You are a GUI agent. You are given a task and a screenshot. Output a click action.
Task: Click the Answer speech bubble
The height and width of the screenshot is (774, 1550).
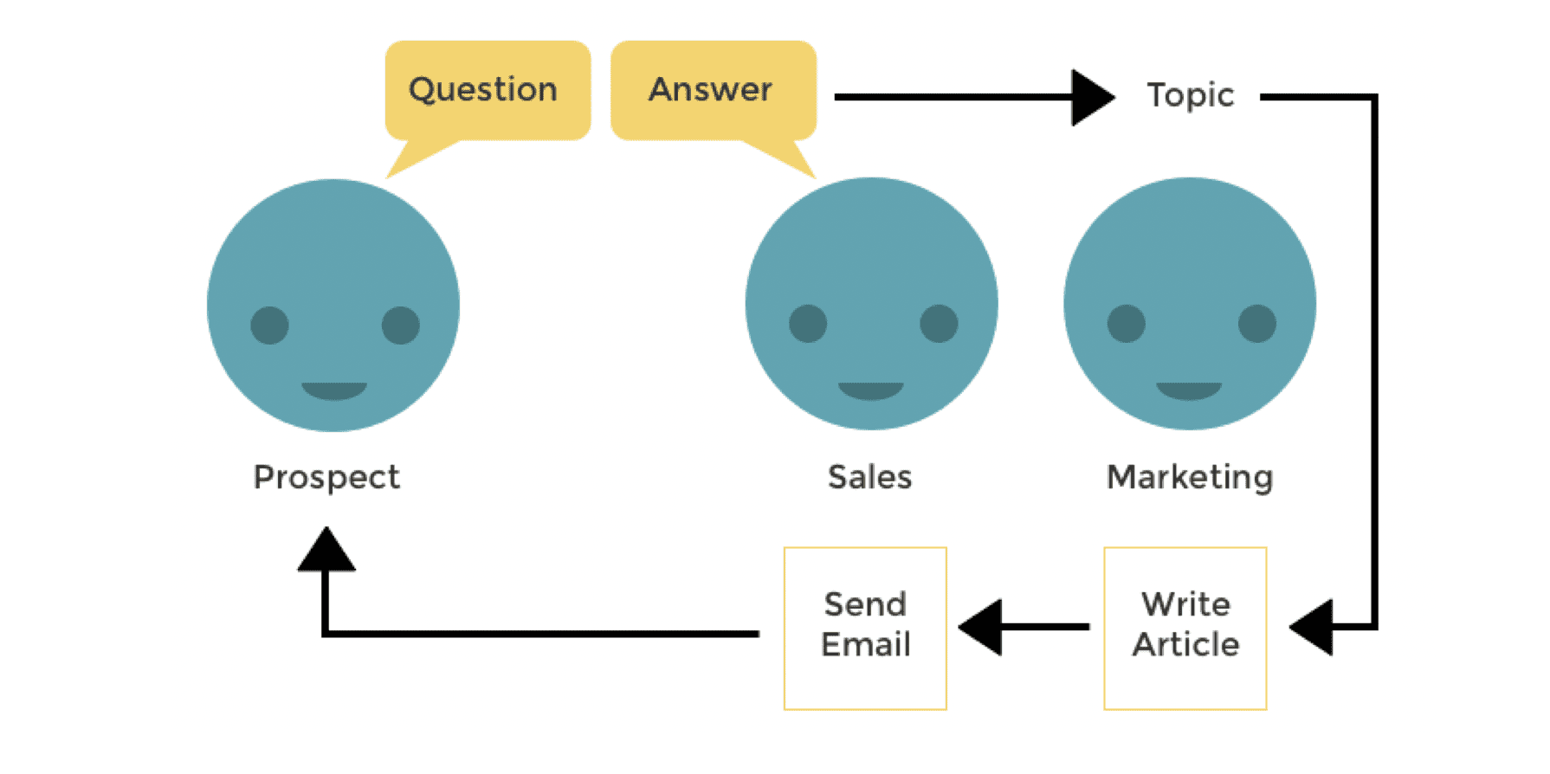tap(713, 90)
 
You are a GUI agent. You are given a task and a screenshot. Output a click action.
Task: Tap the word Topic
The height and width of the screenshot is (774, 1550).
tap(1190, 95)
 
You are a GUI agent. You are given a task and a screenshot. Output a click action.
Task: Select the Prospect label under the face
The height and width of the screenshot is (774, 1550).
tap(326, 477)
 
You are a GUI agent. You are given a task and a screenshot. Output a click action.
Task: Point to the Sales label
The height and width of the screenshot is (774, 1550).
tap(869, 477)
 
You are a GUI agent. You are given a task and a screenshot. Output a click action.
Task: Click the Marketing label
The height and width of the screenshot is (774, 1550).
tap(1190, 477)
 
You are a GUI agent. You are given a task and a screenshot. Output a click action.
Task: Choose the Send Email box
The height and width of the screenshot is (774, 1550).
tap(865, 628)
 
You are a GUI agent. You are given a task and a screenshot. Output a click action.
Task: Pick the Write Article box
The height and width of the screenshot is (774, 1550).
tap(1185, 628)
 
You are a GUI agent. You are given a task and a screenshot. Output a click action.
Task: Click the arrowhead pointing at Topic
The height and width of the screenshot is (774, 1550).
tap(1091, 97)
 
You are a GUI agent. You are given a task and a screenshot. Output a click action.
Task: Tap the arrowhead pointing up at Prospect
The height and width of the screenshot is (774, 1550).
tap(326, 551)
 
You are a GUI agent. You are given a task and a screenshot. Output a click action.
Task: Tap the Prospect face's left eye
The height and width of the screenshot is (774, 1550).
tap(269, 326)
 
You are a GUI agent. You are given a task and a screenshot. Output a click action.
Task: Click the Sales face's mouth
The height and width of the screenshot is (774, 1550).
tap(870, 390)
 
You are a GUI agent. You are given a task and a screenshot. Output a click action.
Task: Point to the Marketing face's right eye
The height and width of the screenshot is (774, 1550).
tap(1256, 324)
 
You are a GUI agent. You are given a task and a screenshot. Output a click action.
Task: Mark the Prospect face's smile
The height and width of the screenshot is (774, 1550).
tap(333, 390)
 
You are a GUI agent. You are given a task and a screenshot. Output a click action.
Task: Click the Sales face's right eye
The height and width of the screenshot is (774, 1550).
tap(939, 324)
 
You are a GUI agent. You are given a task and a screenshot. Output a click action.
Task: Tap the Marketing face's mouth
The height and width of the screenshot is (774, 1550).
tap(1189, 390)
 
